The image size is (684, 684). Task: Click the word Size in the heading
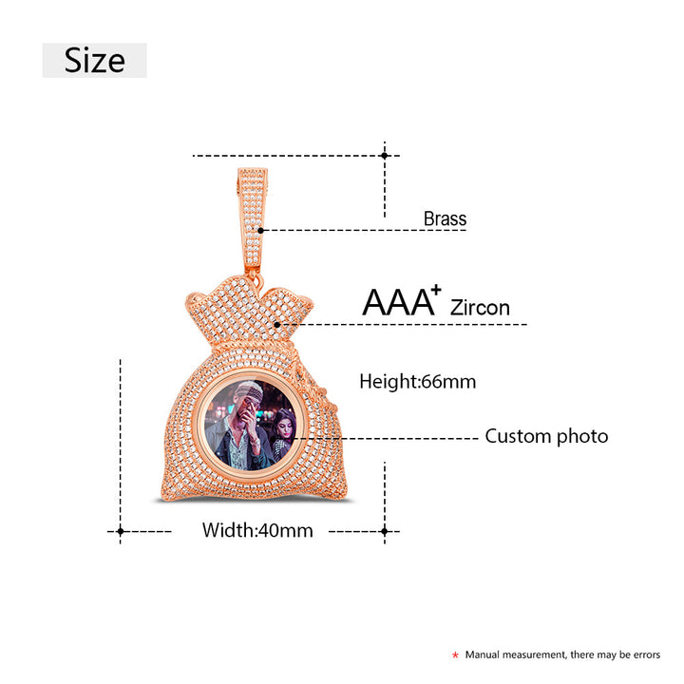click(95, 60)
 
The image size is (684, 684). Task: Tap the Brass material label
click(445, 218)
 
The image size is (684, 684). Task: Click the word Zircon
click(480, 308)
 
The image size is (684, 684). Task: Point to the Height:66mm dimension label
click(417, 382)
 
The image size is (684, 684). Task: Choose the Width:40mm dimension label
click(257, 530)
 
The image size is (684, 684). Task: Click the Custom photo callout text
click(546, 436)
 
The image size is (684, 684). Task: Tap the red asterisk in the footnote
click(455, 655)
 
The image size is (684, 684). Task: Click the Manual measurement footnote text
click(562, 655)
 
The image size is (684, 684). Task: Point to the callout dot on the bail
click(260, 230)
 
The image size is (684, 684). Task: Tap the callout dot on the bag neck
click(277, 325)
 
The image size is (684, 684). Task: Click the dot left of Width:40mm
click(121, 531)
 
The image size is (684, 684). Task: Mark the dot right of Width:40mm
click(385, 531)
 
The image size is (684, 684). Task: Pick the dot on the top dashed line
click(385, 155)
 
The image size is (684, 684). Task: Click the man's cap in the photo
click(249, 389)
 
